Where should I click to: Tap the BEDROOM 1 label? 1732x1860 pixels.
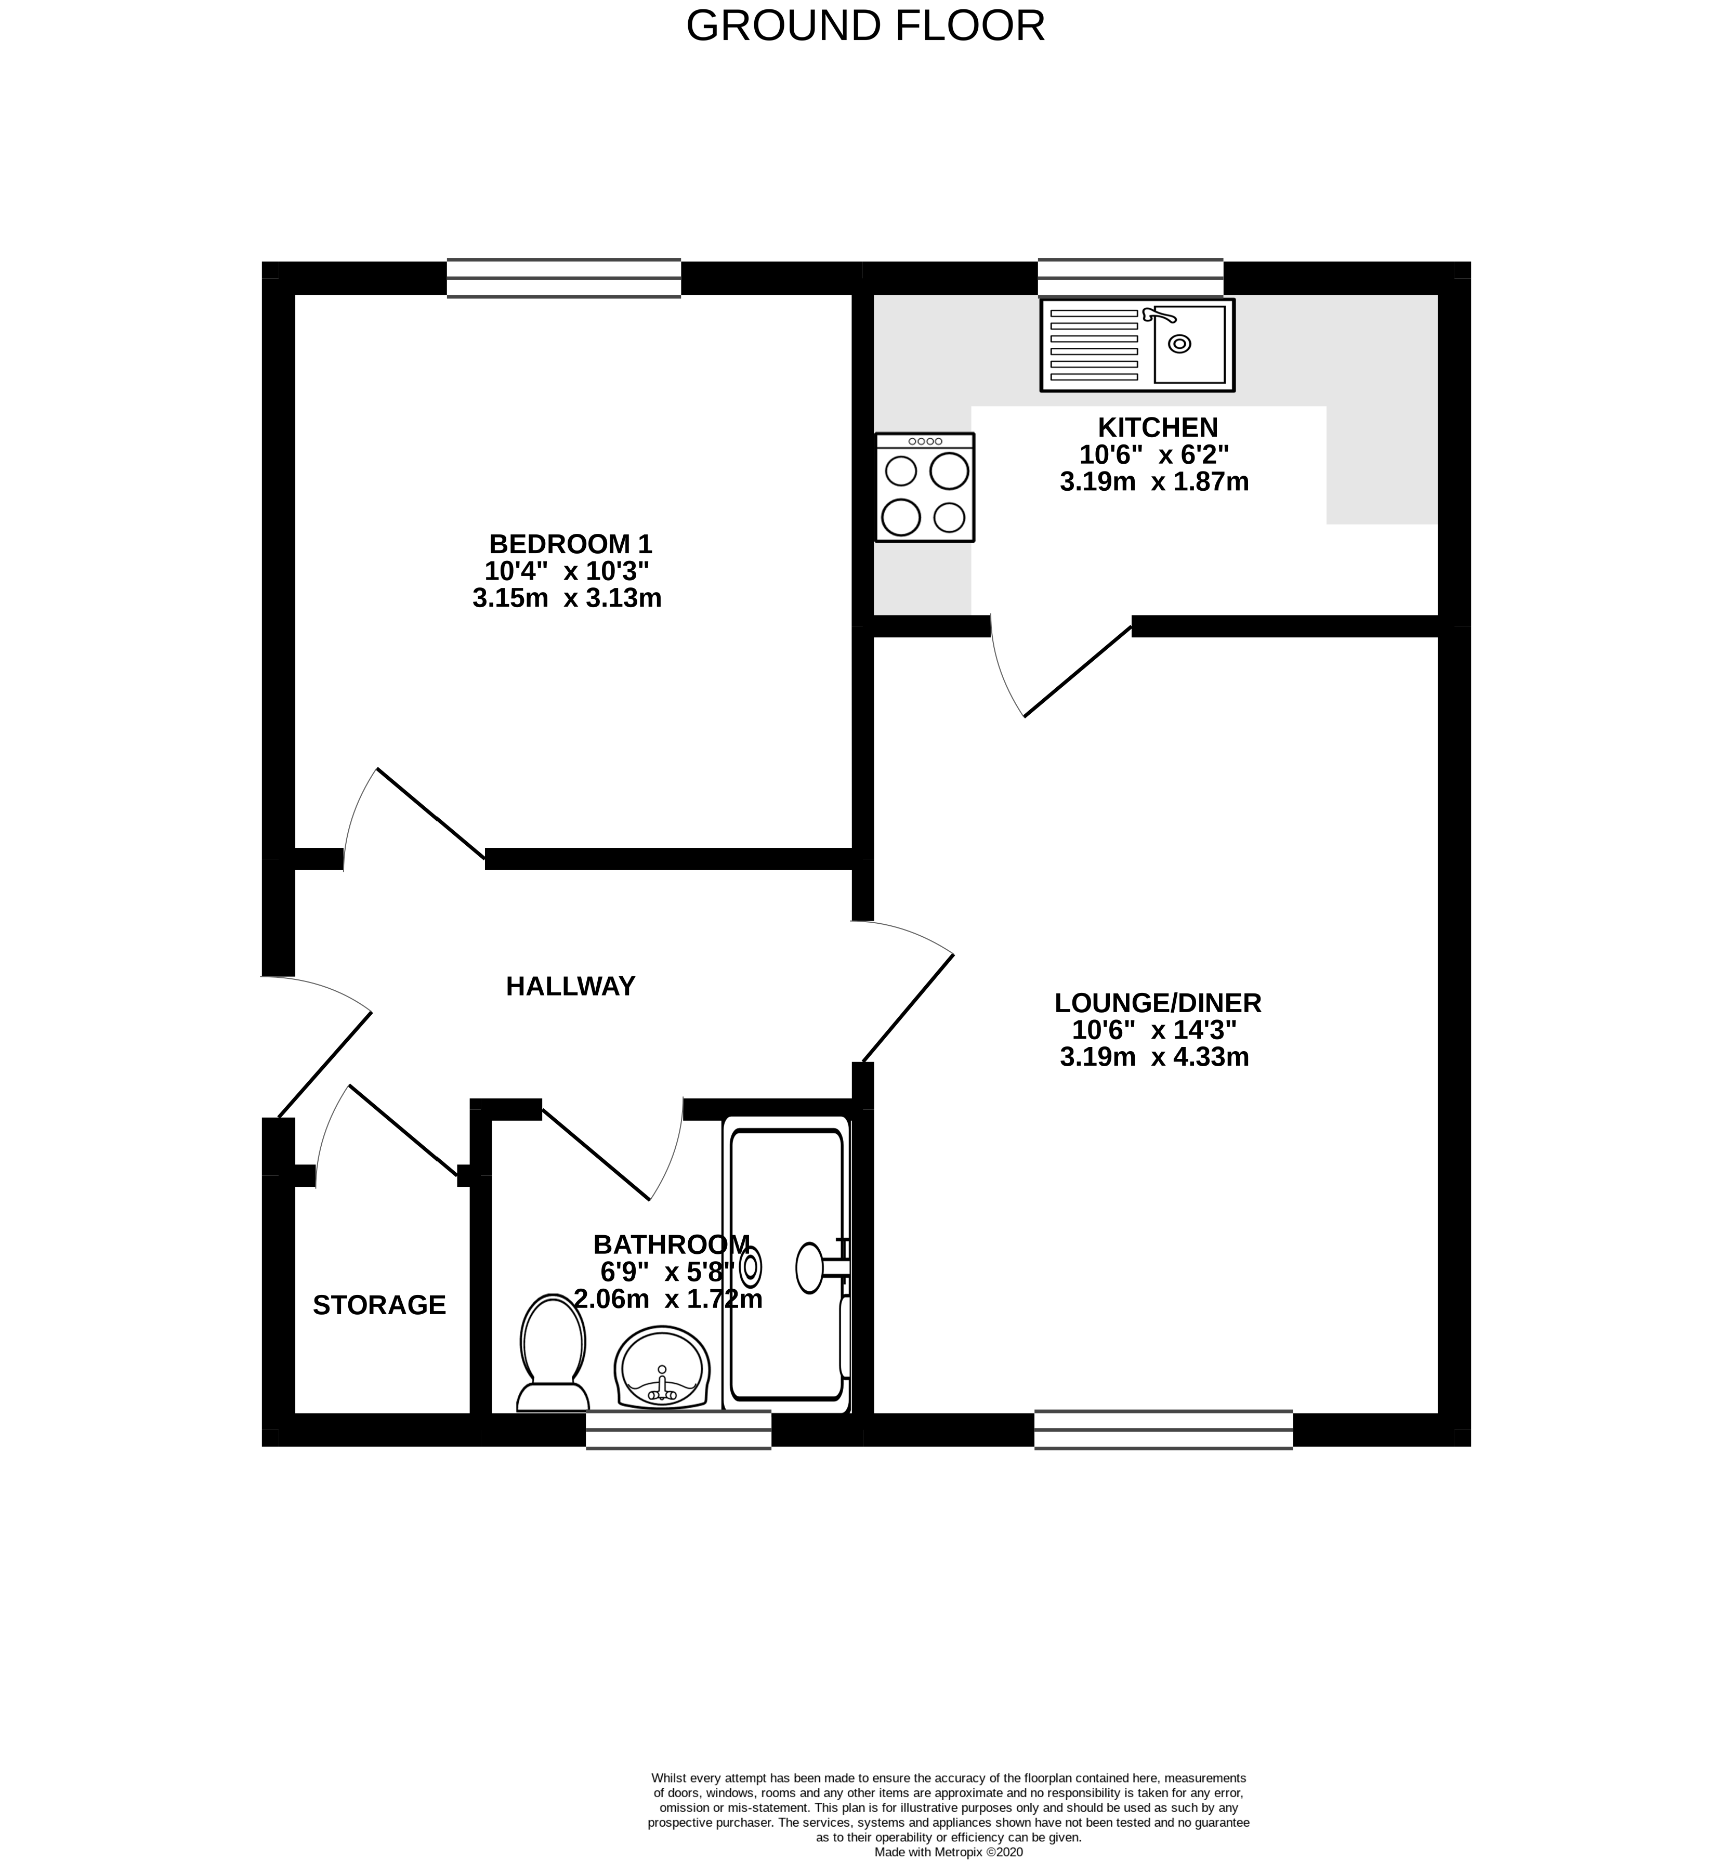(570, 544)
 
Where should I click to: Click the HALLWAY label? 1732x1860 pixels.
(570, 986)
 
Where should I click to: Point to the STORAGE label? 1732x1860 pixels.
(379, 1305)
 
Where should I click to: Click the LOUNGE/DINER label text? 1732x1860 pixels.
(1158, 1003)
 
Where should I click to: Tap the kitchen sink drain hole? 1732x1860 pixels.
(1180, 344)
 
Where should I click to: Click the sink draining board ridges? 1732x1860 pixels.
(1093, 344)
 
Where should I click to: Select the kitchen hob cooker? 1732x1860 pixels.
(925, 488)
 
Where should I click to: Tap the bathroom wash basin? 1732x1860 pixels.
(662, 1367)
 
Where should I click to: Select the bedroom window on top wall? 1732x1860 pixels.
(563, 278)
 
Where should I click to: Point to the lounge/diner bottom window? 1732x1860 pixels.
(1163, 1430)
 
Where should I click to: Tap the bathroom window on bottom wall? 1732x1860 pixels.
(678, 1430)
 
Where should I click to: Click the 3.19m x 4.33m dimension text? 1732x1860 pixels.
(1154, 1057)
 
